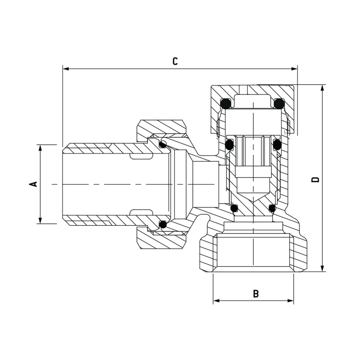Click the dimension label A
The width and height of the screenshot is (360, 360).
34,184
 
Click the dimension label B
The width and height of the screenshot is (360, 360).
256,294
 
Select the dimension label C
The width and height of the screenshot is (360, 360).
175,61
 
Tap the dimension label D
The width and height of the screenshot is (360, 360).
315,179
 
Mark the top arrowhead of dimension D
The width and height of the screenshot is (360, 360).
322,88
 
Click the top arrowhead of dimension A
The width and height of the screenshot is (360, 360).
40,148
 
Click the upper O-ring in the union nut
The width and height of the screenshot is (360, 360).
163,144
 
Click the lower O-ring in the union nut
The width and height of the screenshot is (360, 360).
163,225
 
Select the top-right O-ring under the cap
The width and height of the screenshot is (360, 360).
279,103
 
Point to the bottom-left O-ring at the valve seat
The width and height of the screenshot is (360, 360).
234,208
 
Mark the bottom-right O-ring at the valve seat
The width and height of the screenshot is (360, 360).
272,208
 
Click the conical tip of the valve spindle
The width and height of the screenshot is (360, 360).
253,197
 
